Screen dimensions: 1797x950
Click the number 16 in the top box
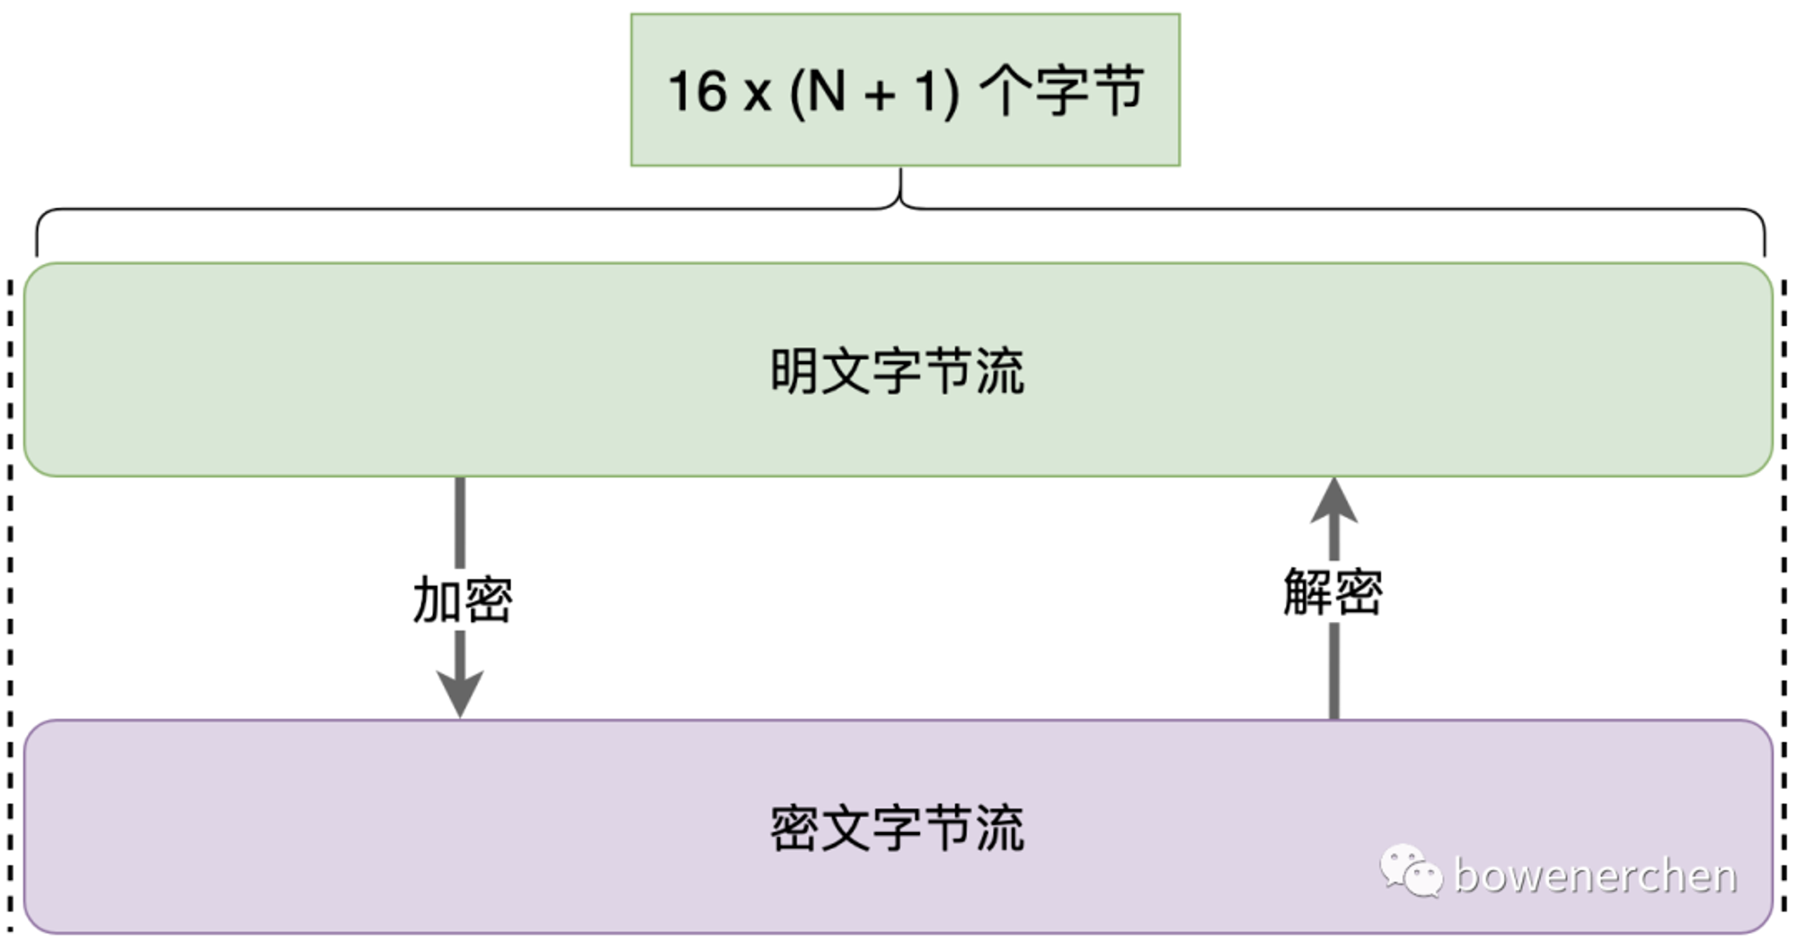697,91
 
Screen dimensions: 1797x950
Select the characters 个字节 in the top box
1061,91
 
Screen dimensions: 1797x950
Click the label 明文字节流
897,370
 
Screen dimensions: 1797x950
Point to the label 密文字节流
897,828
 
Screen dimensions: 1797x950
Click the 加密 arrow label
463,599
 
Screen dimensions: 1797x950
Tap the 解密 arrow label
1333,590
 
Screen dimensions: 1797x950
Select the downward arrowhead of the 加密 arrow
460,694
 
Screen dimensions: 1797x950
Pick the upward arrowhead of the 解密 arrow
1334,500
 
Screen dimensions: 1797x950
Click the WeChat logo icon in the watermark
1411,871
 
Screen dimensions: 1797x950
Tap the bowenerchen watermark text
1595,875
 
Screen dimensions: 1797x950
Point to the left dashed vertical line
10,607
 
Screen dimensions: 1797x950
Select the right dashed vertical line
1784,607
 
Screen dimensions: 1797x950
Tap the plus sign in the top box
881,95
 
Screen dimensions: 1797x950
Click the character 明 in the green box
794,370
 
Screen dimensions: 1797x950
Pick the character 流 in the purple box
1000,828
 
